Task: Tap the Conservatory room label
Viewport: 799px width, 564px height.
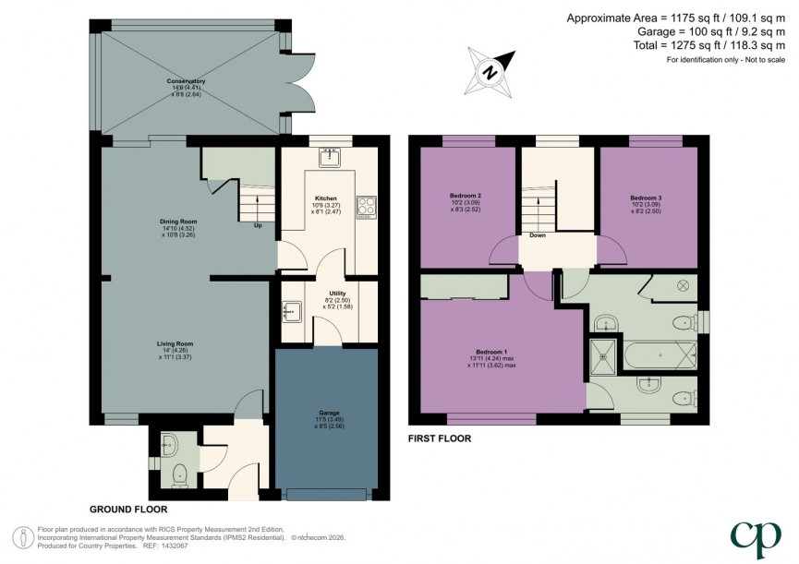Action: tap(186, 81)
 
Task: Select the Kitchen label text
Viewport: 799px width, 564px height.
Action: tap(324, 198)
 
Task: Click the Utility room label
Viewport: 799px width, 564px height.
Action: tap(337, 294)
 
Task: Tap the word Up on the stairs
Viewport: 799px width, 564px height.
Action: tap(258, 224)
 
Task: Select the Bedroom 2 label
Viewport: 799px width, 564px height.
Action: tap(466, 196)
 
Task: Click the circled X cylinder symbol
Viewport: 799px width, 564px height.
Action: tap(684, 286)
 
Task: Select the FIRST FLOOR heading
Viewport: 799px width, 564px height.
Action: tap(439, 438)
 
